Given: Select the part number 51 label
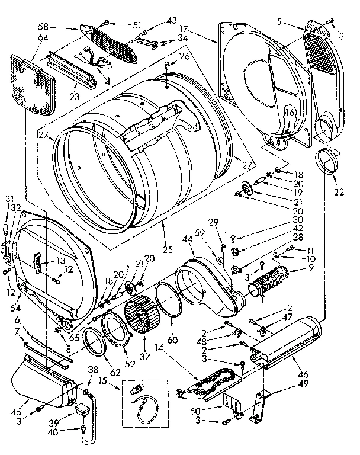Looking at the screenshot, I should pos(137,25).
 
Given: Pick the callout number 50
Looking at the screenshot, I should pos(211,411).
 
